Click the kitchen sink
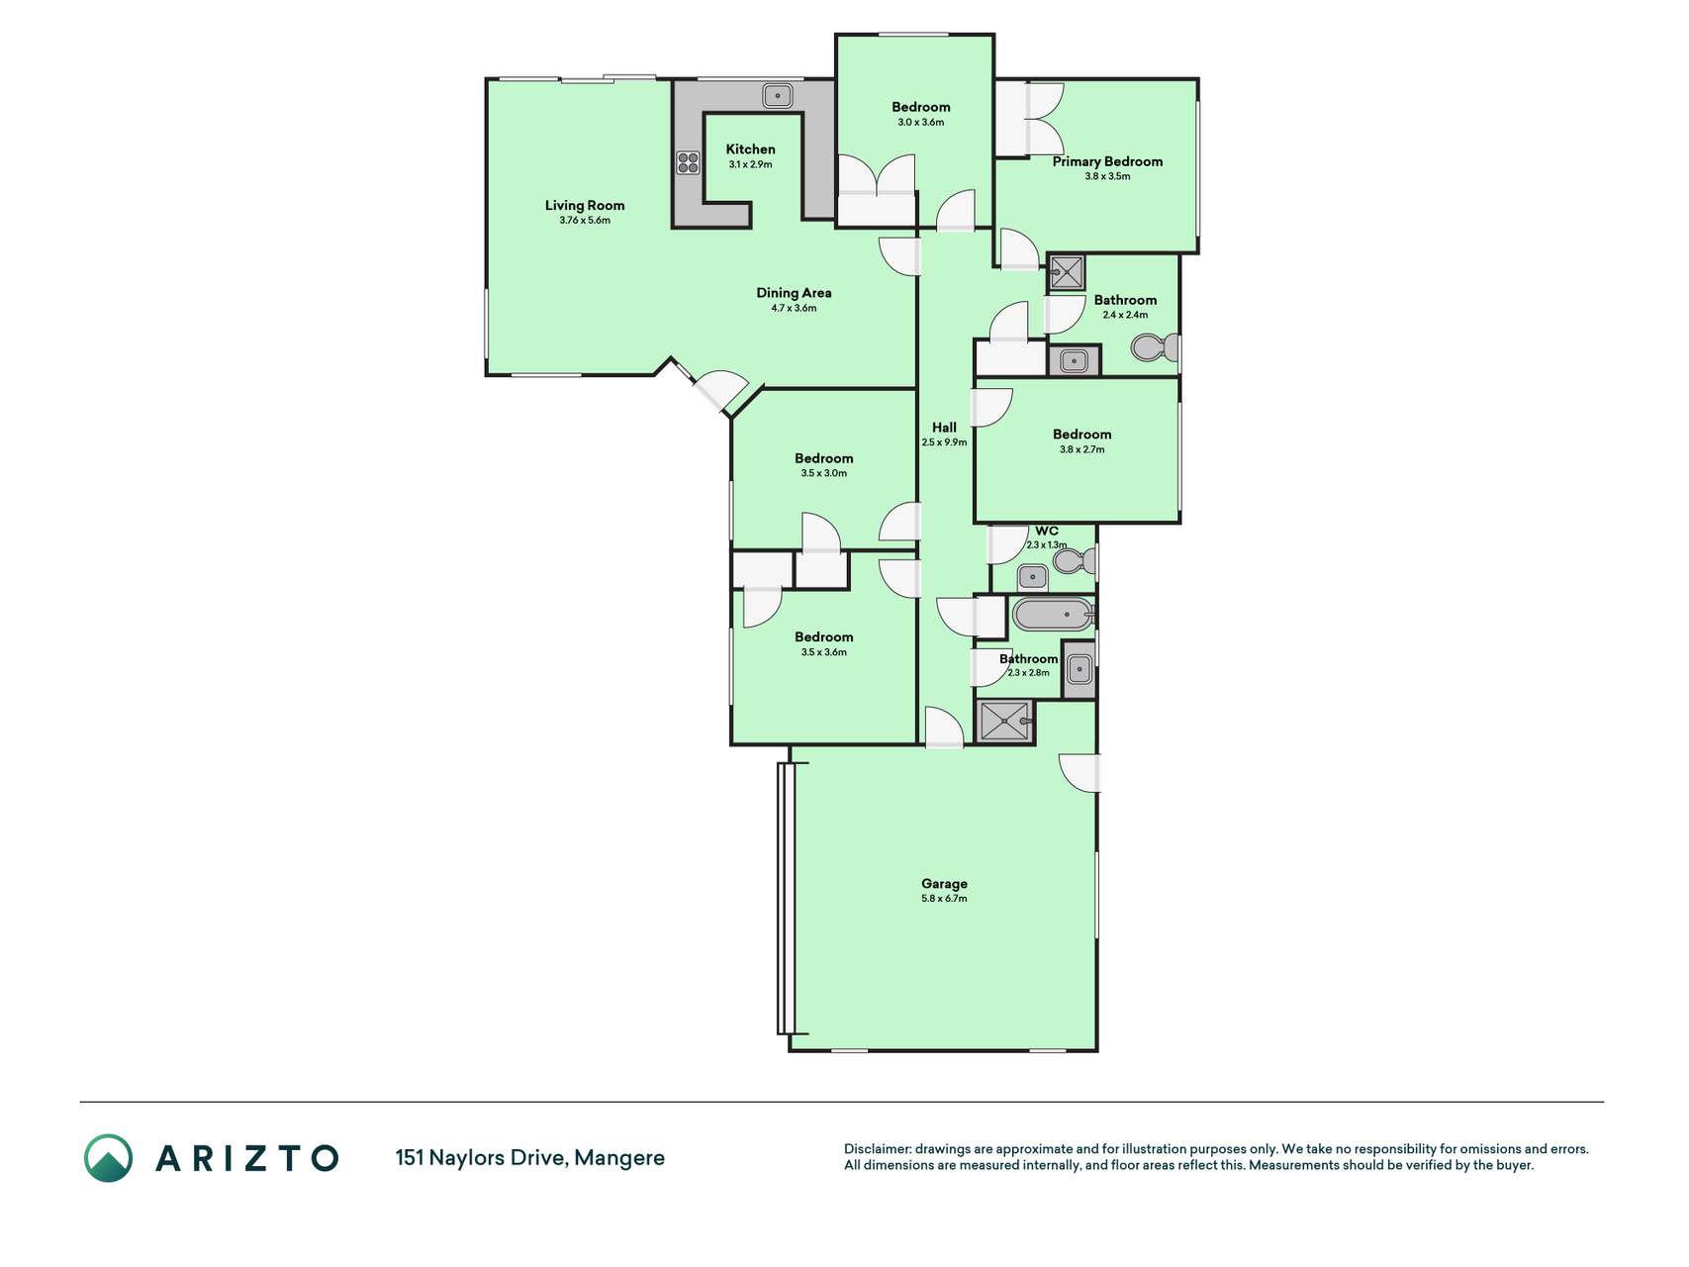click(777, 96)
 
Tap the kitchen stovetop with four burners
click(688, 162)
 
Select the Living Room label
click(585, 206)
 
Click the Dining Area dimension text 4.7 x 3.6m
click(794, 308)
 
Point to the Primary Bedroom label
click(1107, 161)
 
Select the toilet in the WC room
click(1075, 561)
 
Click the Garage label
click(944, 884)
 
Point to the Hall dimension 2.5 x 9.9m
click(944, 442)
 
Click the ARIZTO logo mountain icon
click(108, 1158)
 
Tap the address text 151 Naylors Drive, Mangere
click(529, 1158)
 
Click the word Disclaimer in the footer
click(877, 1149)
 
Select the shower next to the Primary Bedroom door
click(1067, 272)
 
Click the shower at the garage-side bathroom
click(1004, 721)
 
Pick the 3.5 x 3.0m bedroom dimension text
click(823, 473)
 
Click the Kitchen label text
click(750, 149)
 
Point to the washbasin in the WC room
click(1032, 576)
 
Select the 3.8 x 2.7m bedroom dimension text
click(1081, 449)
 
